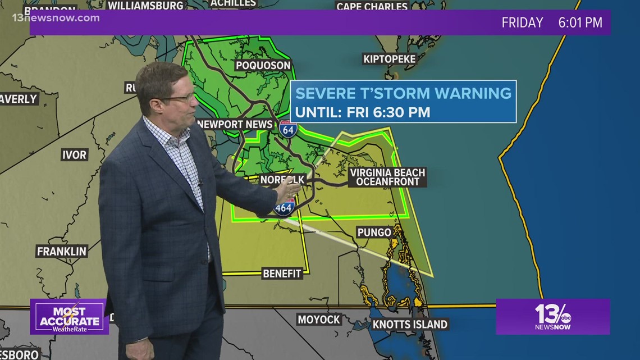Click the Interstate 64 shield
coord(287,129)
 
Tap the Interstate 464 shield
coord(284,207)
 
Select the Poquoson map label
coord(263,65)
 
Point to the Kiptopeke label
coord(390,59)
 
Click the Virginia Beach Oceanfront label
coord(387,177)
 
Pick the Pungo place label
coord(374,232)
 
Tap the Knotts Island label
coord(410,324)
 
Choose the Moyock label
coord(319,320)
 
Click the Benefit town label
coord(282,274)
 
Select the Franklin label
coord(62,251)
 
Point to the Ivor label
coord(74,154)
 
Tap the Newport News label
coord(236,124)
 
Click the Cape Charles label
coord(372,7)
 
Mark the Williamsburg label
coord(145,6)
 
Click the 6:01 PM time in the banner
coord(580,22)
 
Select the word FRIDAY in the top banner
coord(522,22)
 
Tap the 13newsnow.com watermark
coord(56,18)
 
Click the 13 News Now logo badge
coord(552,316)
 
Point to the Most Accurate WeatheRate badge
coord(70,317)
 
